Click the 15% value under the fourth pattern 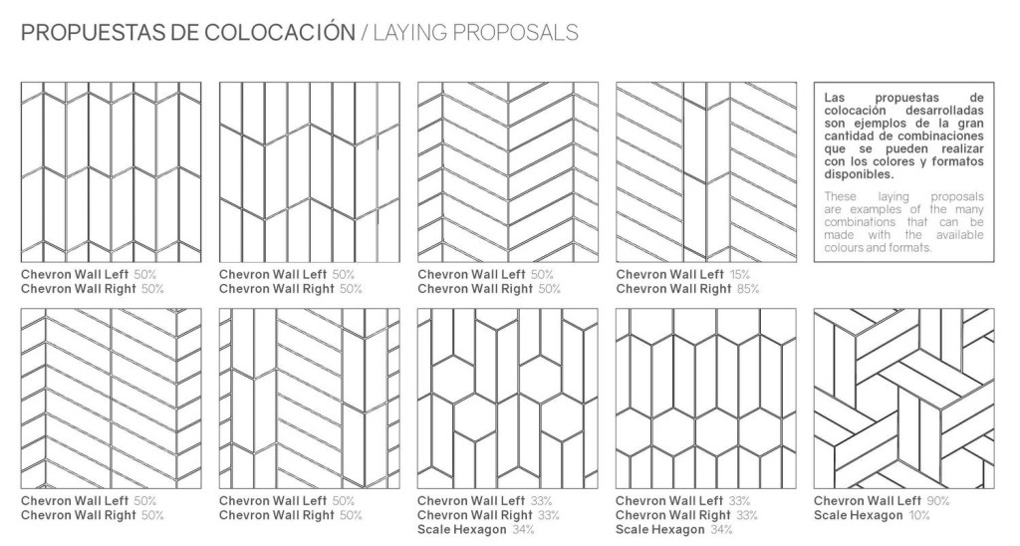(x=739, y=275)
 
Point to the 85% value (x=748, y=289)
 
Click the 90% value (x=938, y=501)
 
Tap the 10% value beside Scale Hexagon (x=919, y=515)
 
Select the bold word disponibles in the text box (x=860, y=174)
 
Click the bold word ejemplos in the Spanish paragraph (x=873, y=123)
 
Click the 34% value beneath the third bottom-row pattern (x=523, y=530)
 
